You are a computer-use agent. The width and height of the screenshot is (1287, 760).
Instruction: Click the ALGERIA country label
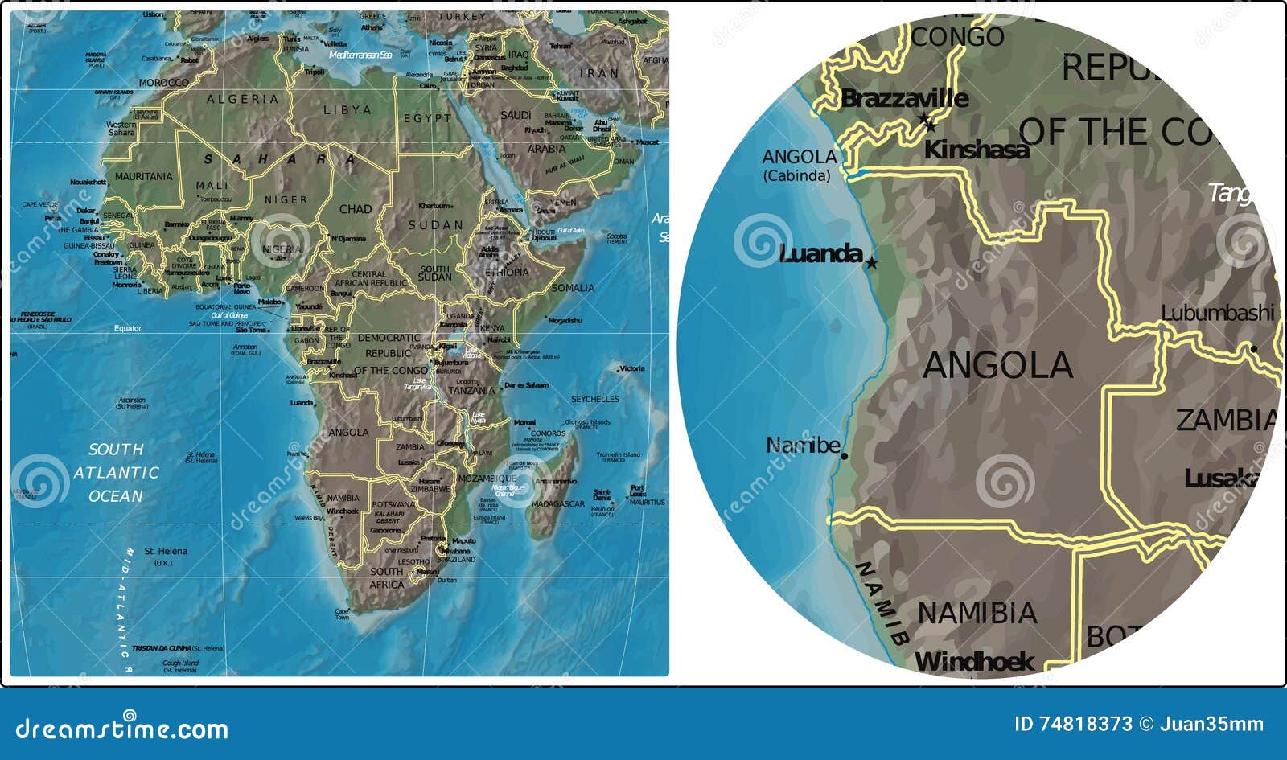coord(243,100)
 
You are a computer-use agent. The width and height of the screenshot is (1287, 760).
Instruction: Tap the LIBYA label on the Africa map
coord(347,110)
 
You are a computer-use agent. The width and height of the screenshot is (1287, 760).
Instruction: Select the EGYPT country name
coord(428,118)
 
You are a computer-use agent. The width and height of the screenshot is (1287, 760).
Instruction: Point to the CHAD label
coord(356,209)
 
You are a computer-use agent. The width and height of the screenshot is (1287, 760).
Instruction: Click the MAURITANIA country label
coord(144,176)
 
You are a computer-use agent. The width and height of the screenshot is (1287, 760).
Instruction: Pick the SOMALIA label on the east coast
coord(574,288)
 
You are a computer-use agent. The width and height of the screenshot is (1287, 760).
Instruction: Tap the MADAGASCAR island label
coord(558,504)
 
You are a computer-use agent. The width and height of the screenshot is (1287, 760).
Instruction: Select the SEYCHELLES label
coord(594,400)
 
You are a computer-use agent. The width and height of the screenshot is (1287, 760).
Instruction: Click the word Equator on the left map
coord(127,328)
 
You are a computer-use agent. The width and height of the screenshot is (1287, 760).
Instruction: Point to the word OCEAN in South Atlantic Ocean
coord(116,496)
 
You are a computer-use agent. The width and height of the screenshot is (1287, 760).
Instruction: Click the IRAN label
coord(600,73)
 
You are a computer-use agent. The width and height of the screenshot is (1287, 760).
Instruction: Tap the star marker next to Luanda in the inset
coord(872,263)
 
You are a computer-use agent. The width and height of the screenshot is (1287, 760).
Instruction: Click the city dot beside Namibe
coord(844,456)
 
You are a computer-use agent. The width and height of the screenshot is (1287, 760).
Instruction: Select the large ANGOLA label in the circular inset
coord(997,366)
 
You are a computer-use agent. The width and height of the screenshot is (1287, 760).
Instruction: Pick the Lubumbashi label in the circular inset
coord(1218,313)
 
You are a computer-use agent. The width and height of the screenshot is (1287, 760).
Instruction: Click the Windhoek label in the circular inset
coord(975,662)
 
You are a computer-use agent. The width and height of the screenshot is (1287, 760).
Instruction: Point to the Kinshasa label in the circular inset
coord(977,150)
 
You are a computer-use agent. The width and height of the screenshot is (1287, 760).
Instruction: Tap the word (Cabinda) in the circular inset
coord(796,176)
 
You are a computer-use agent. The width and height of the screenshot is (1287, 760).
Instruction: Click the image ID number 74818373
coord(1084,725)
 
